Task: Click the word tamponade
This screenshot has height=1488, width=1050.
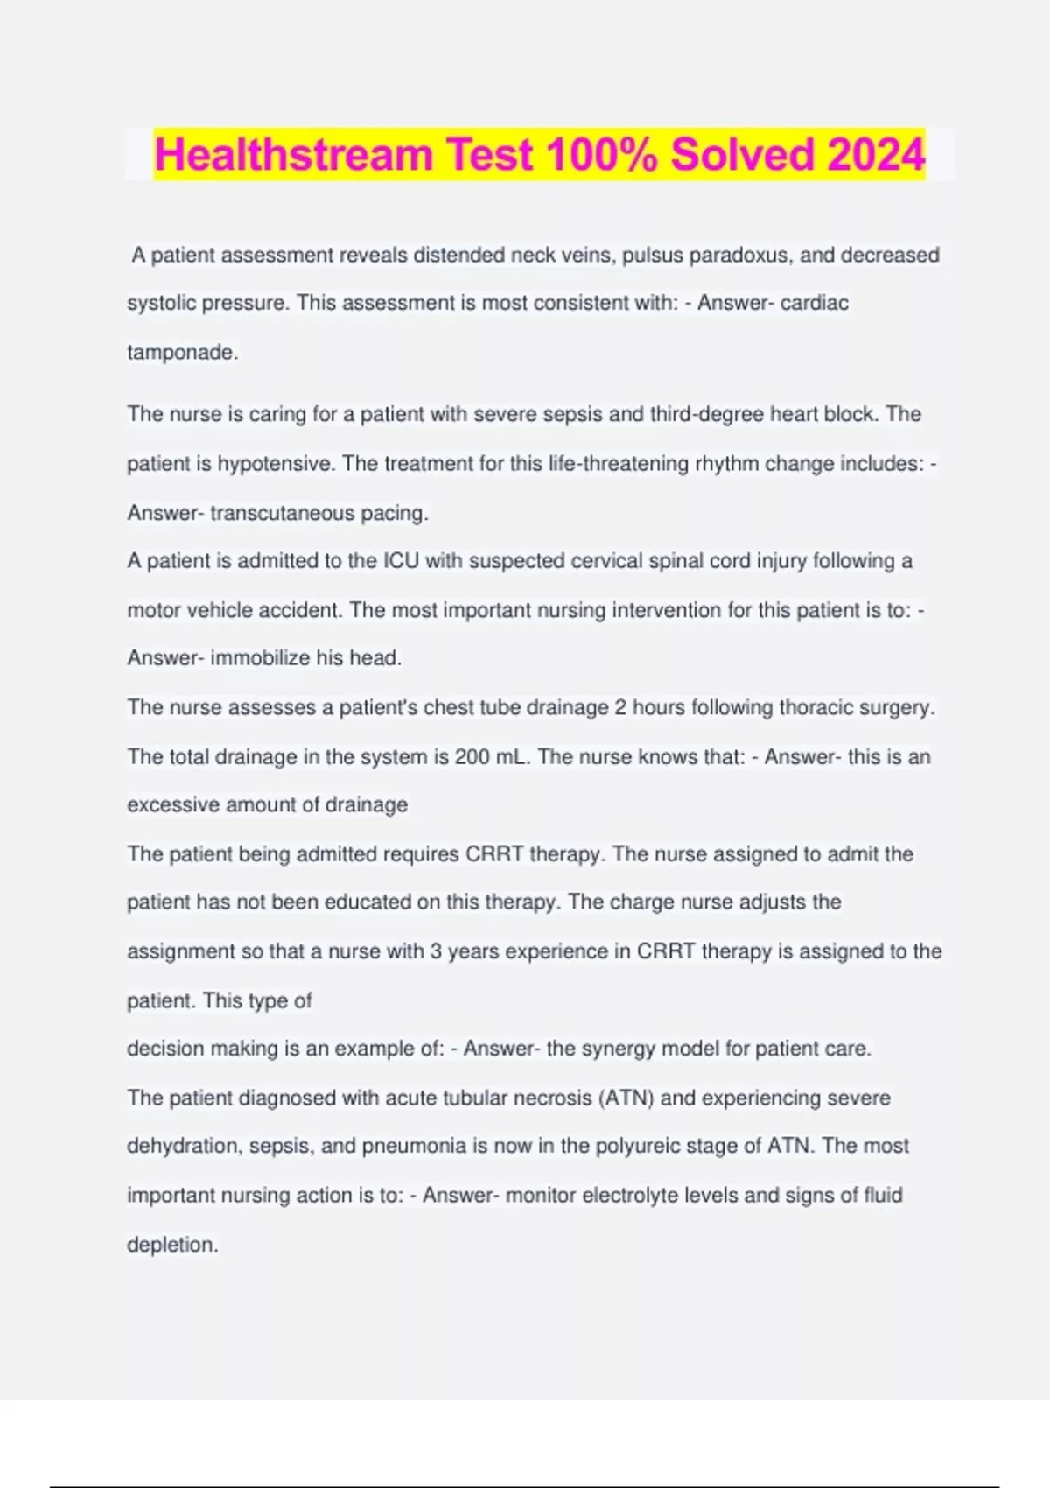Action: click(182, 353)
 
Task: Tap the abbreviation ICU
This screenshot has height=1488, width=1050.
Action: click(401, 561)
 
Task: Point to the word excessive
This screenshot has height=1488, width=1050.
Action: click(173, 805)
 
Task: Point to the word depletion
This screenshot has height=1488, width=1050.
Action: click(171, 1245)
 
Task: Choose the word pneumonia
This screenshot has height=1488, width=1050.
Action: click(411, 1147)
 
